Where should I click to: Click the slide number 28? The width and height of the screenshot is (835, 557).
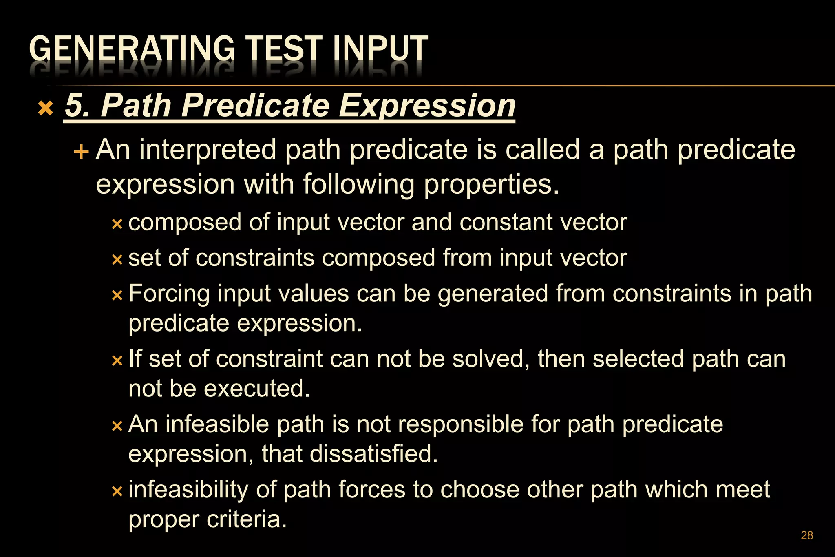pyautogui.click(x=807, y=535)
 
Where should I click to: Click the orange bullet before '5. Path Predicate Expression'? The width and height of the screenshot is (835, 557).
pyautogui.click(x=45, y=108)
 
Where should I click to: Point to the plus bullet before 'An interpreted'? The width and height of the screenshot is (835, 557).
pyautogui.click(x=81, y=152)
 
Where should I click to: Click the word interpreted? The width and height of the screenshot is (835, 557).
pyautogui.click(x=207, y=150)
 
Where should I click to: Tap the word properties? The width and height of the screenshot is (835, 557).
pyautogui.click(x=491, y=184)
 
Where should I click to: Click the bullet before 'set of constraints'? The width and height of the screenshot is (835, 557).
pyautogui.click(x=117, y=260)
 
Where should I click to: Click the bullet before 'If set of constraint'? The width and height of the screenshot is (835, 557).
pyautogui.click(x=117, y=360)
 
